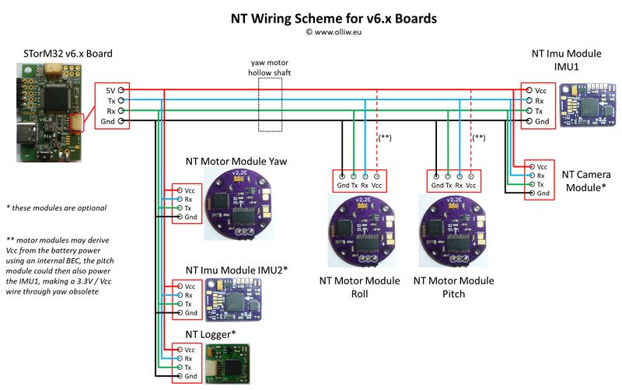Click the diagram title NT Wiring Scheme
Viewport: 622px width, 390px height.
point(310,17)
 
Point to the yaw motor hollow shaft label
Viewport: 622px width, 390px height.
point(270,67)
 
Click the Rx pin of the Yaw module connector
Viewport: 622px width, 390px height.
point(188,200)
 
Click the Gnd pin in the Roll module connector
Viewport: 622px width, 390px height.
point(343,185)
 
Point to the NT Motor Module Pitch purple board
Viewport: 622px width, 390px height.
point(454,232)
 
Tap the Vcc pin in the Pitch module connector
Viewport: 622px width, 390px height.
point(470,185)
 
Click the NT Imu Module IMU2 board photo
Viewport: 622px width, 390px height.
point(233,300)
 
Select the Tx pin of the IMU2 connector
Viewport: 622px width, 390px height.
point(188,305)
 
